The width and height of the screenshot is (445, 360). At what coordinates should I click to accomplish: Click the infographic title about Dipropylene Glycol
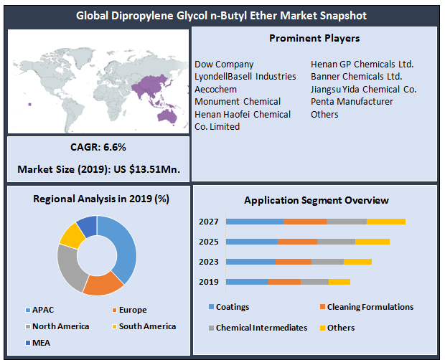point(222,14)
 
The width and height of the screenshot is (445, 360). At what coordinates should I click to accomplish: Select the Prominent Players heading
point(314,38)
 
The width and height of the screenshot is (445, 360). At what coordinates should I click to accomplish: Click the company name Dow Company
point(224,65)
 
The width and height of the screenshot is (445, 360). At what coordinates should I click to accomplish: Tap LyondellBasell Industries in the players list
point(245,77)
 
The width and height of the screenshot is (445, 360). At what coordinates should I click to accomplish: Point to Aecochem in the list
point(215,89)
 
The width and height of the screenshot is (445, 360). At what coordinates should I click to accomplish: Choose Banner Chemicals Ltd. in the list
point(356,77)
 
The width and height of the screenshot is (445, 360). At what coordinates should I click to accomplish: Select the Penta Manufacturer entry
point(352,102)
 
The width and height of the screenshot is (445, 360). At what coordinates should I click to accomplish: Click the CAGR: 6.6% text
point(98,147)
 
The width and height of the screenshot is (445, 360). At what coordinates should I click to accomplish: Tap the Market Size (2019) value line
point(98,170)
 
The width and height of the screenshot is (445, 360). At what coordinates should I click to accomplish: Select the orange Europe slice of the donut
point(103,284)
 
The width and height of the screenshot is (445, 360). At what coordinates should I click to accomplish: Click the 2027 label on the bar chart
point(208,222)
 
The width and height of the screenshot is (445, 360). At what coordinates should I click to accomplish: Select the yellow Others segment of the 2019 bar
point(339,282)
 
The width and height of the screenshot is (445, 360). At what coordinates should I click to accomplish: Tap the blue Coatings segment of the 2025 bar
point(252,242)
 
